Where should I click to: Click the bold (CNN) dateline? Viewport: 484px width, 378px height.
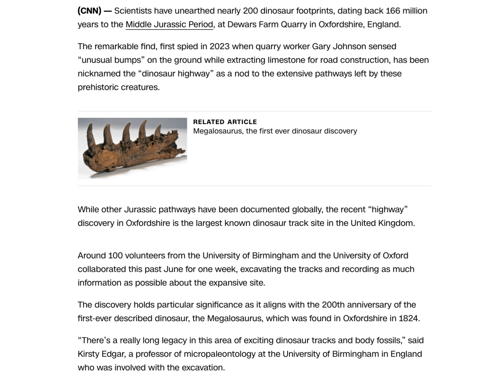(89, 10)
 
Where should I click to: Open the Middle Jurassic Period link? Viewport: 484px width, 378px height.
(169, 24)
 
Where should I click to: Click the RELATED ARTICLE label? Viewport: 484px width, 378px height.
(225, 122)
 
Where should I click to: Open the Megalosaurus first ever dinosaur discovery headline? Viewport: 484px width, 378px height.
(275, 131)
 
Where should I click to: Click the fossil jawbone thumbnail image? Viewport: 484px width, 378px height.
(132, 148)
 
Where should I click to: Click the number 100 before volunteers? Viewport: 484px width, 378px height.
(115, 255)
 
